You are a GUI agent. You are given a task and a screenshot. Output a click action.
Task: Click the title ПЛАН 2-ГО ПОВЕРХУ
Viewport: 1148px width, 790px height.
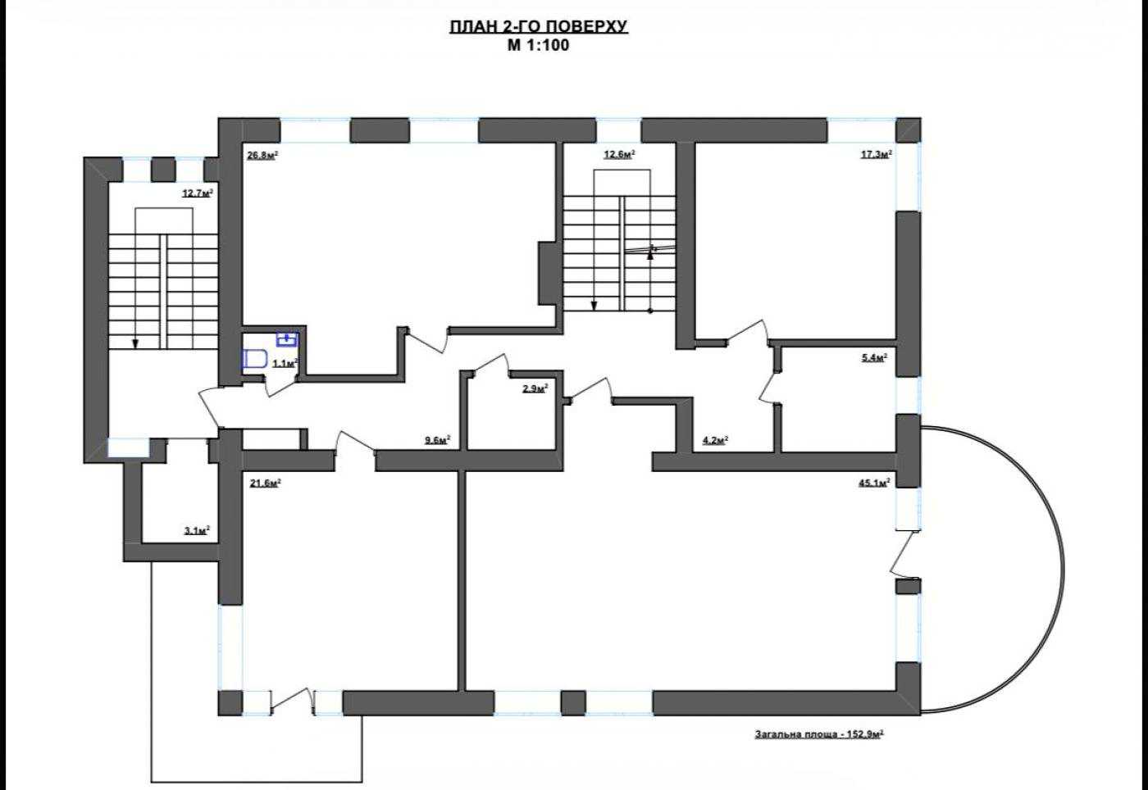pyautogui.click(x=539, y=27)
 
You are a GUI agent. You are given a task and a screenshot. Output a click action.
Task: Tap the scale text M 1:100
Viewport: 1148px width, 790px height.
pyautogui.click(x=538, y=45)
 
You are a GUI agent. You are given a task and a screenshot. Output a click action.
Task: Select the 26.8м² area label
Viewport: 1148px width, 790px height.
pyautogui.click(x=262, y=155)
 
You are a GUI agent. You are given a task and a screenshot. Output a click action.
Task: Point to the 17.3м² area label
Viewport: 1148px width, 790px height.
pyautogui.click(x=877, y=154)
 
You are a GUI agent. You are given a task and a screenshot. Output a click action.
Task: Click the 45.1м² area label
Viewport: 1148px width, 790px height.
pyautogui.click(x=874, y=482)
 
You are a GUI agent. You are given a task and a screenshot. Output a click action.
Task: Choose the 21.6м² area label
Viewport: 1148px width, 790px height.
pyautogui.click(x=265, y=483)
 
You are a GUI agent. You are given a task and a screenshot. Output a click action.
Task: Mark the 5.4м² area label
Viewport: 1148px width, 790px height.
pyautogui.click(x=874, y=357)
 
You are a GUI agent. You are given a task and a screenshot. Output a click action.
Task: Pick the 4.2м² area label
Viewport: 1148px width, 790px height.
pyautogui.click(x=715, y=439)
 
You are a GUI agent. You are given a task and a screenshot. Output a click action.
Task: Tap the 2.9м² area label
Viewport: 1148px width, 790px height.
pyautogui.click(x=535, y=388)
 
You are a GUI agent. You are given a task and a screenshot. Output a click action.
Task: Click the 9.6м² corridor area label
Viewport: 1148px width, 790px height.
pyautogui.click(x=438, y=439)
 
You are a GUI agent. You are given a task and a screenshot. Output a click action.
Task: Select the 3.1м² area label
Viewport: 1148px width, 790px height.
pyautogui.click(x=198, y=531)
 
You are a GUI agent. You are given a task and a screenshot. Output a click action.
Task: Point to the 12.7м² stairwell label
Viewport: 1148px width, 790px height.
pyautogui.click(x=198, y=193)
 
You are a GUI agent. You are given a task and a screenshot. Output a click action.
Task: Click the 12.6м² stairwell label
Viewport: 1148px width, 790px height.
pyautogui.click(x=620, y=154)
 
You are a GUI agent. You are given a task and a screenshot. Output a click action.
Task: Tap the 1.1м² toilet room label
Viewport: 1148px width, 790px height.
pyautogui.click(x=285, y=363)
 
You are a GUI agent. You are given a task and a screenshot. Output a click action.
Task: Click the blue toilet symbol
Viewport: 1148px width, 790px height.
pyautogui.click(x=254, y=359)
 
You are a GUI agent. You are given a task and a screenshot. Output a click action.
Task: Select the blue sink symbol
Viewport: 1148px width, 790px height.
pyautogui.click(x=287, y=339)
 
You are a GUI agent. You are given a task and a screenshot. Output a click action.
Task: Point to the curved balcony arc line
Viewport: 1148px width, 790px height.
pyautogui.click(x=1064, y=569)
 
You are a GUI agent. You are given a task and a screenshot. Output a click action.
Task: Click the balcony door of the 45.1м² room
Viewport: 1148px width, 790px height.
pyautogui.click(x=905, y=553)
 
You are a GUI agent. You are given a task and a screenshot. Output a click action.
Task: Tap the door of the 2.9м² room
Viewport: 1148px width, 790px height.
pyautogui.click(x=490, y=365)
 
